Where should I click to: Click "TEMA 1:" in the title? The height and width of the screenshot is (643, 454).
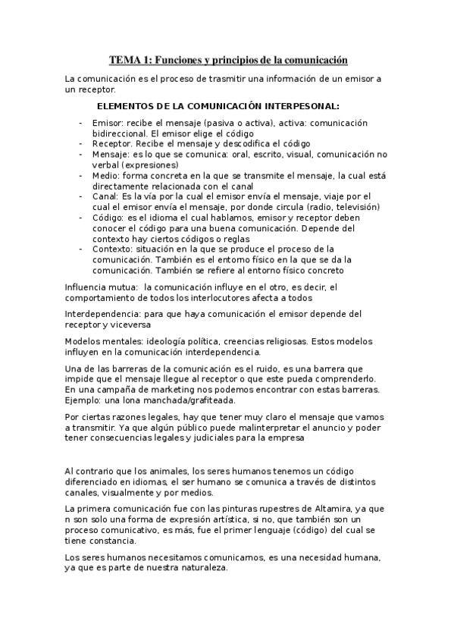point(130,58)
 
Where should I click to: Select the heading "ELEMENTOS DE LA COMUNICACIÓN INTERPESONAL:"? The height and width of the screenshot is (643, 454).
point(219,107)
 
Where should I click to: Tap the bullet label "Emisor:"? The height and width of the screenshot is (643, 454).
point(108,122)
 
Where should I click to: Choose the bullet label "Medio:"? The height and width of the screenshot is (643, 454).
point(107,175)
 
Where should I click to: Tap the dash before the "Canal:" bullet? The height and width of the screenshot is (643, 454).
point(81,196)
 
